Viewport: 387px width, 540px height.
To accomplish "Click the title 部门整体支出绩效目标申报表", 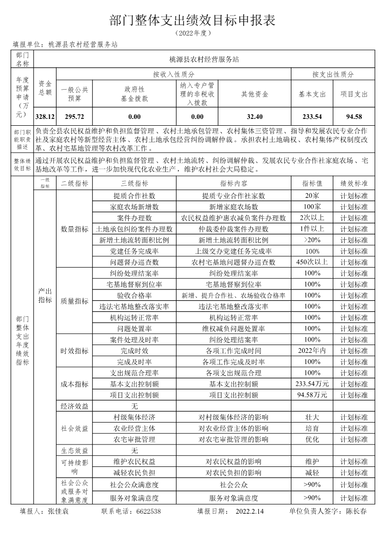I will [x=193, y=20].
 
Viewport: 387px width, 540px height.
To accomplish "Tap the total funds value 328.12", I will [x=45, y=117].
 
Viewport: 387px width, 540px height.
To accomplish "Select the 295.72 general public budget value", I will [x=75, y=117].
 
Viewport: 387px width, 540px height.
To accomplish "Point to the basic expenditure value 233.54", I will [x=312, y=117].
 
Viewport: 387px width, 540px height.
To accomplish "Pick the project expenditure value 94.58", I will [x=354, y=117].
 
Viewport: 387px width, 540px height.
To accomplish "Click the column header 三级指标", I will [x=134, y=183].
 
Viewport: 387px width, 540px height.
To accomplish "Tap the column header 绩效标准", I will [x=354, y=183].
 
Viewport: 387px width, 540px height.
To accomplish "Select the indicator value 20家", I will [x=312, y=195].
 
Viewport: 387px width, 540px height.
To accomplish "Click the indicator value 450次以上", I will [x=312, y=262].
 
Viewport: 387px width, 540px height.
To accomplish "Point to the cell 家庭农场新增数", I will [x=134, y=207].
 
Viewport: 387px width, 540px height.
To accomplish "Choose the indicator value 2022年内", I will [x=312, y=350].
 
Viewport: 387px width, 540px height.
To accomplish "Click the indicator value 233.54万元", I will [x=312, y=384].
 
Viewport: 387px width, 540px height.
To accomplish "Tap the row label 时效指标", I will [x=75, y=351].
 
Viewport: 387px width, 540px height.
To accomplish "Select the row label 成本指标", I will [x=75, y=384].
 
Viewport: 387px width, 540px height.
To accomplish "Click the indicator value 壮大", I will [x=312, y=417].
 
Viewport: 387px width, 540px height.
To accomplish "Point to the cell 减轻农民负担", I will [x=134, y=473].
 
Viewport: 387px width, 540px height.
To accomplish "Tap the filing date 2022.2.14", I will [x=249, y=512].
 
